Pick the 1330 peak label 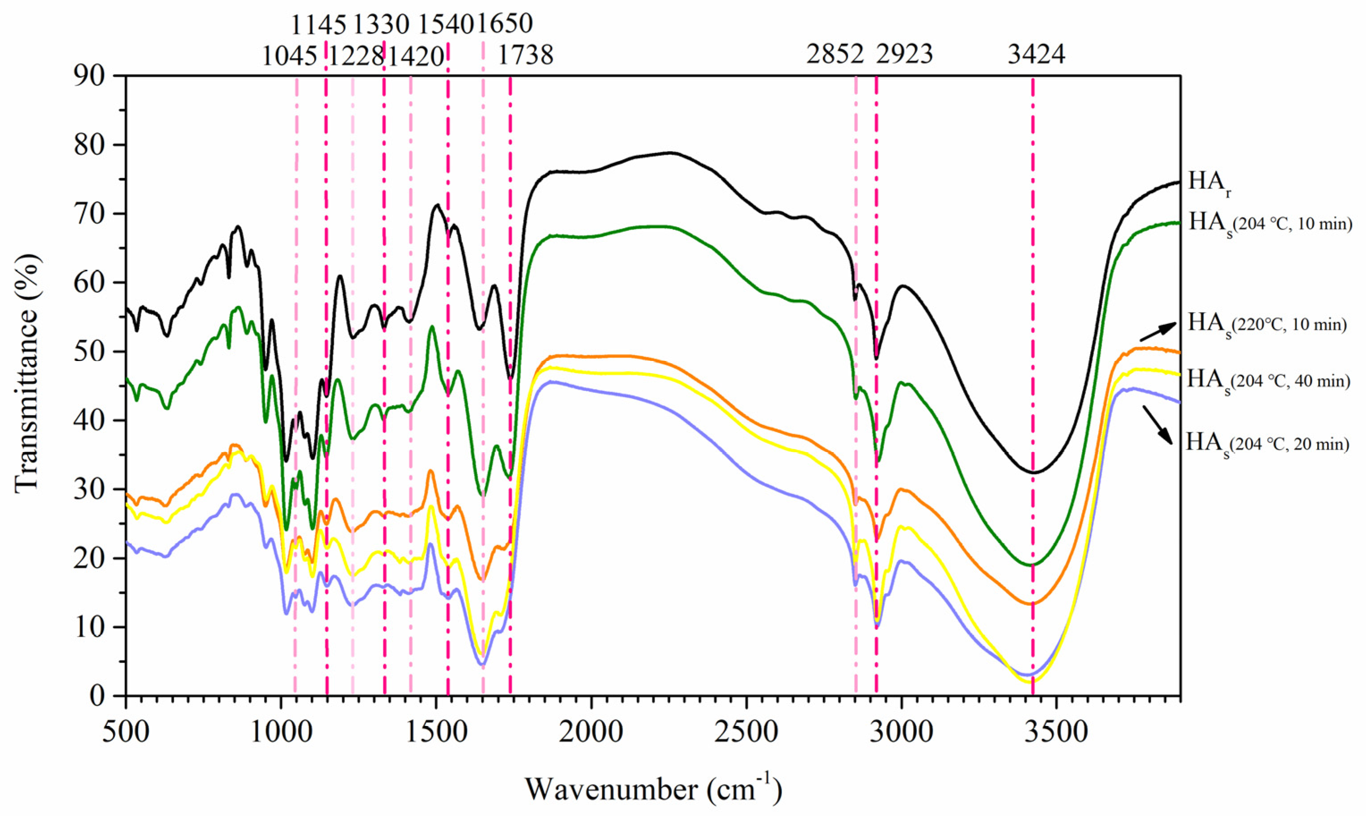381,24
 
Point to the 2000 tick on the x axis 591,732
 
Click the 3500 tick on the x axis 1056,732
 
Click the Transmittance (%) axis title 27,385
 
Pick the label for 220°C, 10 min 1267,325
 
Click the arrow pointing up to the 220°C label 1158,331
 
